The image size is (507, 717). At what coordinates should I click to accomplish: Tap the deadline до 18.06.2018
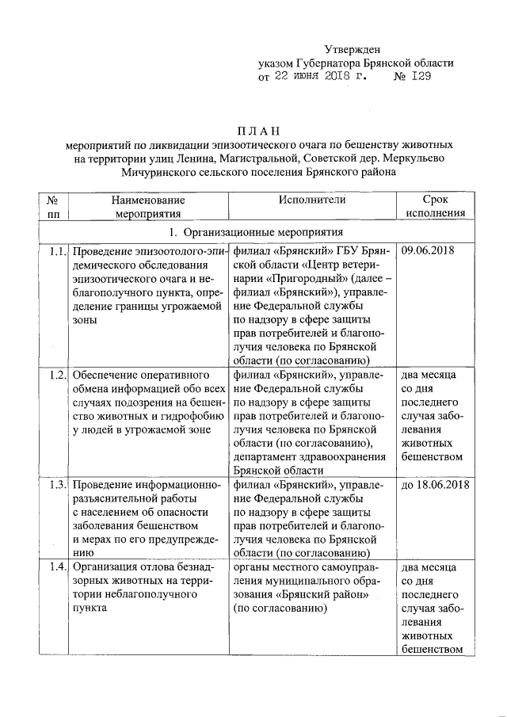coord(435,485)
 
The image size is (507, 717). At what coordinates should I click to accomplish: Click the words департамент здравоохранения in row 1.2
coord(309,457)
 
